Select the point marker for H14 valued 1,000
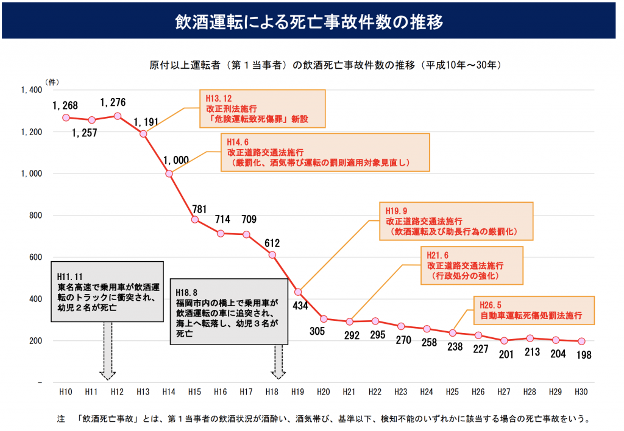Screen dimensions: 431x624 click(x=169, y=173)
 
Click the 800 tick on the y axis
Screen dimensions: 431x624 click(x=33, y=215)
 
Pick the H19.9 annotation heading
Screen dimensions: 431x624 click(x=396, y=211)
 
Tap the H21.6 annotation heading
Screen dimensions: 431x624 click(x=438, y=256)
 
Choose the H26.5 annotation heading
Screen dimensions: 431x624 click(x=491, y=305)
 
